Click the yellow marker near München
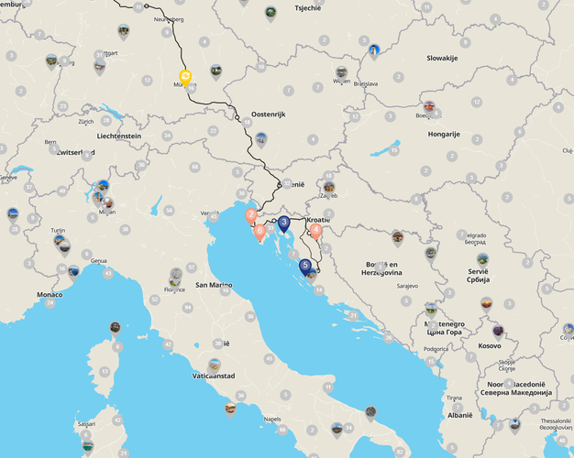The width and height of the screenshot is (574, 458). (185, 76)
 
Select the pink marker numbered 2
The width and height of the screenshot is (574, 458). (250, 216)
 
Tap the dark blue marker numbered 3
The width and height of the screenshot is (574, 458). (284, 223)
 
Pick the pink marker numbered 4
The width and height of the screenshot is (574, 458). (316, 231)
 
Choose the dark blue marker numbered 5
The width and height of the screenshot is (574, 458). (305, 267)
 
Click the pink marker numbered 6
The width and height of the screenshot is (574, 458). (259, 232)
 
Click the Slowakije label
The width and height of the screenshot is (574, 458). (442, 58)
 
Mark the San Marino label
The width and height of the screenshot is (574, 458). (215, 285)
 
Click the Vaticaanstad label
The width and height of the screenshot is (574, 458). (212, 376)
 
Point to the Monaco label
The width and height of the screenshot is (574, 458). (50, 295)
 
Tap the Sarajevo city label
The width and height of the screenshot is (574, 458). (407, 286)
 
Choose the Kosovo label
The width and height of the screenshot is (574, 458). (491, 346)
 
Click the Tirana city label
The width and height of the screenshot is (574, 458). (454, 398)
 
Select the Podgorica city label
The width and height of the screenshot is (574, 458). (436, 348)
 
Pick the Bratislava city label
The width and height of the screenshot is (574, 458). (366, 84)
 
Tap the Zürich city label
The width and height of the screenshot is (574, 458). (86, 122)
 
